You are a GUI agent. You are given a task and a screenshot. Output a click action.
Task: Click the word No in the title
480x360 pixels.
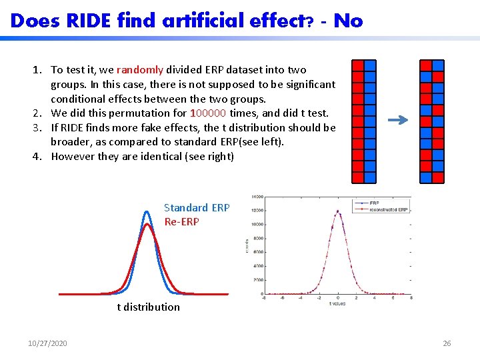click(348, 21)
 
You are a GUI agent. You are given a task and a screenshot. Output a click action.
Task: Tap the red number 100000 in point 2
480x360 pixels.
click(209, 113)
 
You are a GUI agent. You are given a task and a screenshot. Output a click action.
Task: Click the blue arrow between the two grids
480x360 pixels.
click(398, 121)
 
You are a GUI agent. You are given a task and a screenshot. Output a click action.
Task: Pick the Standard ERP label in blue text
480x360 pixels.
click(197, 207)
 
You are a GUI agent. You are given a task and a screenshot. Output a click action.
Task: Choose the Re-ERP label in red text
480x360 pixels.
click(181, 221)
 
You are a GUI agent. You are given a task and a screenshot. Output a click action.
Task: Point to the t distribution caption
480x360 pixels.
click(148, 307)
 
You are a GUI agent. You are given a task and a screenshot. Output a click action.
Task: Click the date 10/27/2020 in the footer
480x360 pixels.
click(47, 343)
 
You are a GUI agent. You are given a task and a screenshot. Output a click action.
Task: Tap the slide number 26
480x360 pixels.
click(447, 343)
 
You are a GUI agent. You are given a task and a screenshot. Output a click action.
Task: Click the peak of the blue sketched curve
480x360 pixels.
click(147, 212)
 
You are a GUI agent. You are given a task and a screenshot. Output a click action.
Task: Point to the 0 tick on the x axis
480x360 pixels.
click(338, 298)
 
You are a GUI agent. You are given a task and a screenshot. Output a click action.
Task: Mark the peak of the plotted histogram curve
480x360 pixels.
click(338, 212)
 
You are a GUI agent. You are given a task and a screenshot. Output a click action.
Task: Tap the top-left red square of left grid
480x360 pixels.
click(357, 65)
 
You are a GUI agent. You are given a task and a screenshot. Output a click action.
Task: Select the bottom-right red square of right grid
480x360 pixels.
click(437, 178)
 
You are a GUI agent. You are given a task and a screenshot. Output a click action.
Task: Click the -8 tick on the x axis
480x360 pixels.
click(265, 298)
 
